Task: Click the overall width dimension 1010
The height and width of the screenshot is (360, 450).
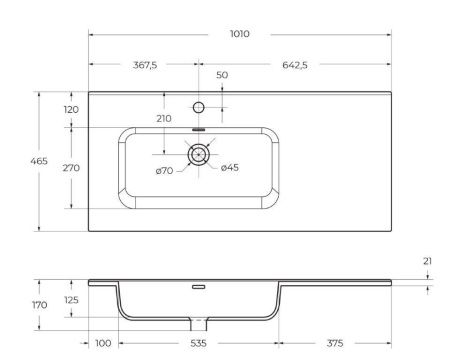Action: pos(239,33)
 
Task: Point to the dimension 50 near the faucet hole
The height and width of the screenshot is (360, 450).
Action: pos(222,76)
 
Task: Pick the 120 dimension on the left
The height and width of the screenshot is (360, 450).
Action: pos(70,109)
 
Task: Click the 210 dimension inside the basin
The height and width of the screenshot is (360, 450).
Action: pos(165,119)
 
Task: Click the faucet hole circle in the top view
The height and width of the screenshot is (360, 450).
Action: pos(198,107)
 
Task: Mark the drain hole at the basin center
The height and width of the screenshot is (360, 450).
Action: pos(198,153)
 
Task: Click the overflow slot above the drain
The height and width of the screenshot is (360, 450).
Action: pos(198,130)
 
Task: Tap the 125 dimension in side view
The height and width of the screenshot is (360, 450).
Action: pos(70,298)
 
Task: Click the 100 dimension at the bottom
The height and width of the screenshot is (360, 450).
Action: pos(102,343)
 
